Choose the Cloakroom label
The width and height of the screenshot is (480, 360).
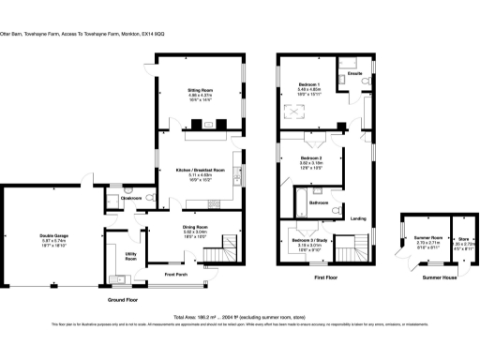130,199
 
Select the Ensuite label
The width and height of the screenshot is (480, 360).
354,72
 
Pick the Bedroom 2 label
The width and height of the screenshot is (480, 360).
311,157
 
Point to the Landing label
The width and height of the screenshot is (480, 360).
357,218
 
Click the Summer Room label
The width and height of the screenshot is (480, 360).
428,237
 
